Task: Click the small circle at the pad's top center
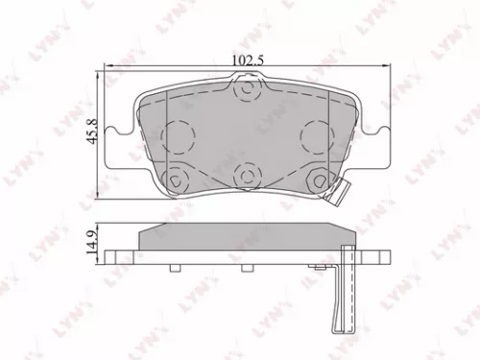tap(248, 91)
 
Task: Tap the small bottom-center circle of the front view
tap(248, 175)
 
